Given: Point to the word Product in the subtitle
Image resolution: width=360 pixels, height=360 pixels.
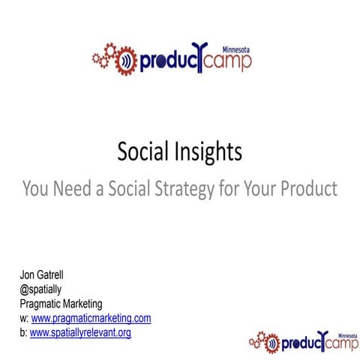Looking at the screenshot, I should click(308, 187).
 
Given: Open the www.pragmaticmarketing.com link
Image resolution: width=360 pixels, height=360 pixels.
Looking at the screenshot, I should click(91, 318).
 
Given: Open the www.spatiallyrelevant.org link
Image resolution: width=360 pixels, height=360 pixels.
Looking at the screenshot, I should click(80, 331).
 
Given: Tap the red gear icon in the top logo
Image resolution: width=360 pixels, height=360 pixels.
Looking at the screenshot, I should click(111, 58).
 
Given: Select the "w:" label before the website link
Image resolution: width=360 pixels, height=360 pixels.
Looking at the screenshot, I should click(24, 318).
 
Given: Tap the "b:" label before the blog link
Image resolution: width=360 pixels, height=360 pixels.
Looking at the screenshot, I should click(23, 331).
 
